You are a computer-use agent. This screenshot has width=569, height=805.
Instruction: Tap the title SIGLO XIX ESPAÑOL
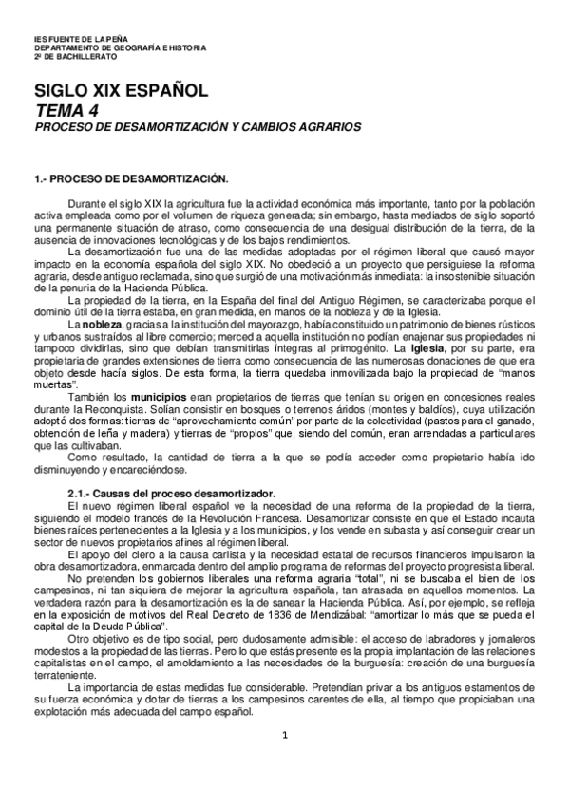pyautogui.click(x=121, y=93)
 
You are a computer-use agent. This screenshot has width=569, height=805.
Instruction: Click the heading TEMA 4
pyautogui.click(x=66, y=110)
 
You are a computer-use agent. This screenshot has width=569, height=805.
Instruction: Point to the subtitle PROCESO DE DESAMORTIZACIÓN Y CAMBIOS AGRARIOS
pyautogui.click(x=198, y=126)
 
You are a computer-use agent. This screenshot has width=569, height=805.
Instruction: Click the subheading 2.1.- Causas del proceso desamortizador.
pyautogui.click(x=171, y=494)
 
